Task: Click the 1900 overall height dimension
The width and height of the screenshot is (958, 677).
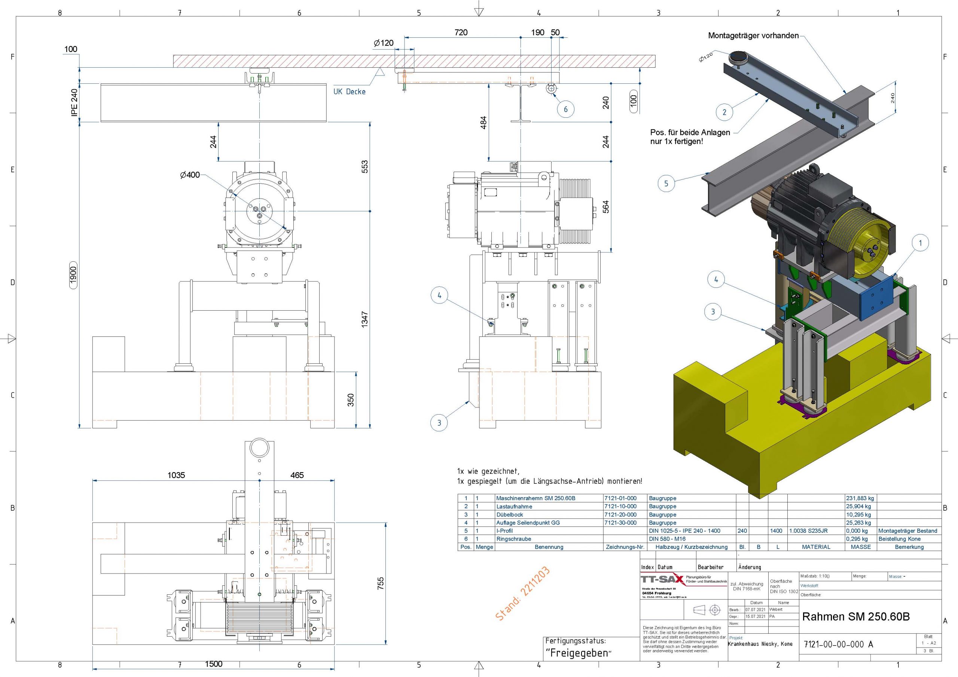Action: coord(73,275)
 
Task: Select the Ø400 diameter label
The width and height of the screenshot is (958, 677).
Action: coord(190,175)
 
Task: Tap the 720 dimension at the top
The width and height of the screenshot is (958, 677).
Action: coord(461,33)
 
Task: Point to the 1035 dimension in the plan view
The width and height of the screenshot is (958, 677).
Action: coord(176,475)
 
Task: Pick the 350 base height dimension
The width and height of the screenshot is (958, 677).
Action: coord(351,400)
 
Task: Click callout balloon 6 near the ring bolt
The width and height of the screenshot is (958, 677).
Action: coord(566,109)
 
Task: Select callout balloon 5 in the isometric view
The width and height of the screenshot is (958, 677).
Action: coord(666,184)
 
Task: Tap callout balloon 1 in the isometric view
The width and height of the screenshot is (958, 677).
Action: coord(921,243)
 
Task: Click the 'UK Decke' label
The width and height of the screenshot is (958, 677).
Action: coord(349,92)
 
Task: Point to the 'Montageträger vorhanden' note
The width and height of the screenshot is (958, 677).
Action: coord(753,36)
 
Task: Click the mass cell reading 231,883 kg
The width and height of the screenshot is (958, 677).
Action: coord(860,498)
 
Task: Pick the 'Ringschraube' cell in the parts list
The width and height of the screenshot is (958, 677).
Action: coord(514,539)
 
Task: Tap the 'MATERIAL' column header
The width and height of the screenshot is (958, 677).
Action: coord(816,547)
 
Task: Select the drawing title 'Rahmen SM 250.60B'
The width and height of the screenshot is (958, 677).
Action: coord(855,616)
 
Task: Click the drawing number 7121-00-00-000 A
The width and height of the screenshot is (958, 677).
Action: coord(838,644)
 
